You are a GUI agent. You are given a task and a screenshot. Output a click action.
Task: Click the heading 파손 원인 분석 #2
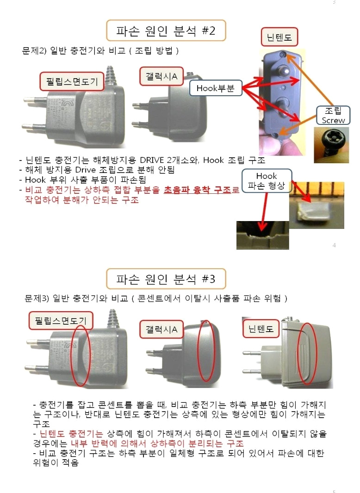(166, 31)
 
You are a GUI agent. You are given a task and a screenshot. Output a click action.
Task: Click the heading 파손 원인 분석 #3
(166, 279)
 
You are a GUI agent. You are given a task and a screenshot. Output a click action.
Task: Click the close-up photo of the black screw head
(331, 145)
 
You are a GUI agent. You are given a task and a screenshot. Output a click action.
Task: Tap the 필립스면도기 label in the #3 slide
(61, 320)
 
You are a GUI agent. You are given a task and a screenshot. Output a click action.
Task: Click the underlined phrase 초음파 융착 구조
(197, 190)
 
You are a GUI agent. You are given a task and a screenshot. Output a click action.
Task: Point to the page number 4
(334, 245)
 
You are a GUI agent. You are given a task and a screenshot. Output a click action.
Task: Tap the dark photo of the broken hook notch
(262, 235)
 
